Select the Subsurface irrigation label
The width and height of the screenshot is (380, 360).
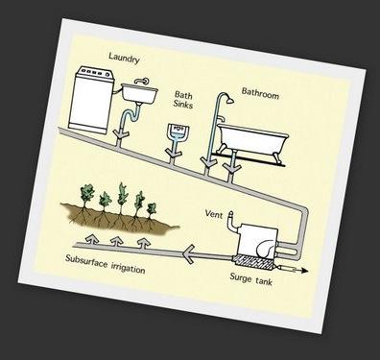pos(106,265)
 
